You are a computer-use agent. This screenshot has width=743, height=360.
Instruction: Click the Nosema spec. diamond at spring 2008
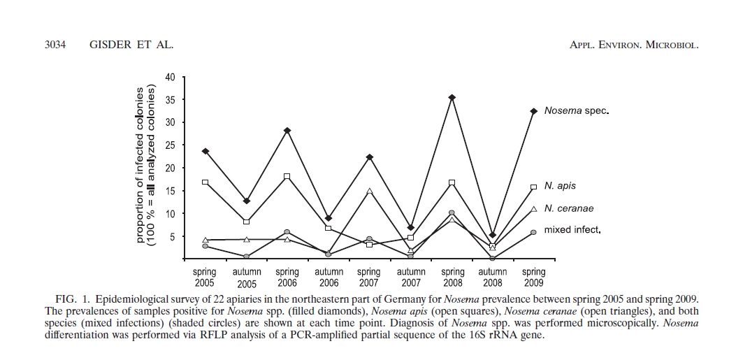point(452,98)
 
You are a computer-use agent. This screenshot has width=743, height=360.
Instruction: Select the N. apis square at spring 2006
point(287,176)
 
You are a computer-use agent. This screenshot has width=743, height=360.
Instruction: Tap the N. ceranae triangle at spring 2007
point(370,191)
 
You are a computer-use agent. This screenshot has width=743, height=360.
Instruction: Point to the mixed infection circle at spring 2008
point(452,213)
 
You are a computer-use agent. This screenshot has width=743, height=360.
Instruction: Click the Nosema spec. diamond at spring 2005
point(205,151)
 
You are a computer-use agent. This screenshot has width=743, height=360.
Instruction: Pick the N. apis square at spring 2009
point(533,187)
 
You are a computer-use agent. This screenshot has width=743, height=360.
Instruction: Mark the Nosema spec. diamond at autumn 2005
point(246,201)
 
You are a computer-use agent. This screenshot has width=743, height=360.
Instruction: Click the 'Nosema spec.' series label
point(577,111)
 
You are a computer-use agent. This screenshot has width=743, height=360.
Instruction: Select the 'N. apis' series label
point(560,187)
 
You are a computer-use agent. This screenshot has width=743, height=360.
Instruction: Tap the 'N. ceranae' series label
point(568,208)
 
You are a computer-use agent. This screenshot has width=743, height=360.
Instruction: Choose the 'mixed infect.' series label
point(573,230)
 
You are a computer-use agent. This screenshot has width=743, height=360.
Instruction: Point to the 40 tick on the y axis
point(171,77)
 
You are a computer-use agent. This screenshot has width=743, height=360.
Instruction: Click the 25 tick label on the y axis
point(171,145)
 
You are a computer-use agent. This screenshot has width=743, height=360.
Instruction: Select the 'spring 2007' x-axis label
point(369,278)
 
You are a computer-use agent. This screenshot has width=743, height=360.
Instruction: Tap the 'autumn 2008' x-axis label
point(493,278)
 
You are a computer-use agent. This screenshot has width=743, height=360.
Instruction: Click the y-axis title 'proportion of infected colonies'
point(140,165)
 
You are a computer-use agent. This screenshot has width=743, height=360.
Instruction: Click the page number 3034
point(55,45)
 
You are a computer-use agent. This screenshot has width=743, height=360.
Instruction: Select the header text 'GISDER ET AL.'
point(131,45)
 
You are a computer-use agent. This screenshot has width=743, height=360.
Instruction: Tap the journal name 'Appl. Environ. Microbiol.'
point(635,45)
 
